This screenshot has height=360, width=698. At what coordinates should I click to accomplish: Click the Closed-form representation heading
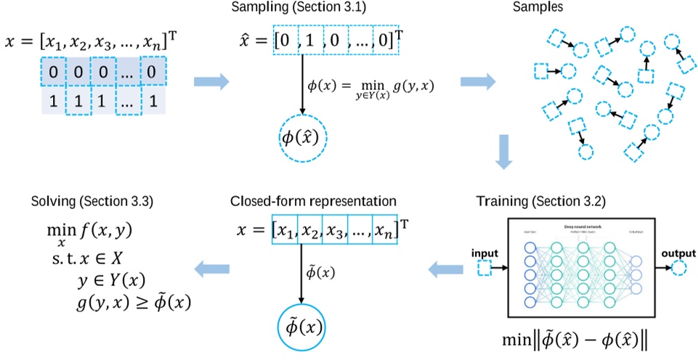pyautogui.click(x=312, y=201)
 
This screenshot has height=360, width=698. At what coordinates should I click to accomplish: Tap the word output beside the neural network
pyautogui.click(x=678, y=253)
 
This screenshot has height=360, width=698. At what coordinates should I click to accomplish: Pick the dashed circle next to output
pyautogui.click(x=678, y=269)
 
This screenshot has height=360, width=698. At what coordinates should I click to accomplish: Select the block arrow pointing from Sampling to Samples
pyautogui.click(x=476, y=77)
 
